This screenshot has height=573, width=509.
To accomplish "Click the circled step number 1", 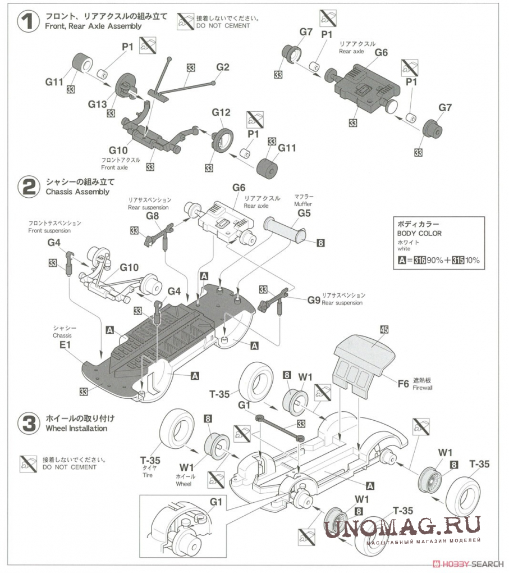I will coord(27,21).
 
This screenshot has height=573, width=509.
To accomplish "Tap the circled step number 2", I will coord(27,187).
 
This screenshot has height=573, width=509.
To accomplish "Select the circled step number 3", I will coord(27,423).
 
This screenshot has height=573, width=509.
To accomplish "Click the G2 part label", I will coord(223,67).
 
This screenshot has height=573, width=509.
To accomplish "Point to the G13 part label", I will coord(97,104).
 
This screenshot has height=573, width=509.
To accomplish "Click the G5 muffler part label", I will coord(304,213).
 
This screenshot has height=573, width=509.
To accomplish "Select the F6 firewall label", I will coord(402,384).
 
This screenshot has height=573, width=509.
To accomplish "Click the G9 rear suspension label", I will coord(314,300).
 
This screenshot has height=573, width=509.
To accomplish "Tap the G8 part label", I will coord(152,215).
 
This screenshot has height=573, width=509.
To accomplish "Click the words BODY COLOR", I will coord(419,233).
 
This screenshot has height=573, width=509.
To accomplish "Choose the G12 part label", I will coord(221,112).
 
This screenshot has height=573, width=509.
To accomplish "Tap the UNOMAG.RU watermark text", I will coord(402,527).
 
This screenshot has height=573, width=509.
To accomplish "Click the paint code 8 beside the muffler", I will coord(320,243).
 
